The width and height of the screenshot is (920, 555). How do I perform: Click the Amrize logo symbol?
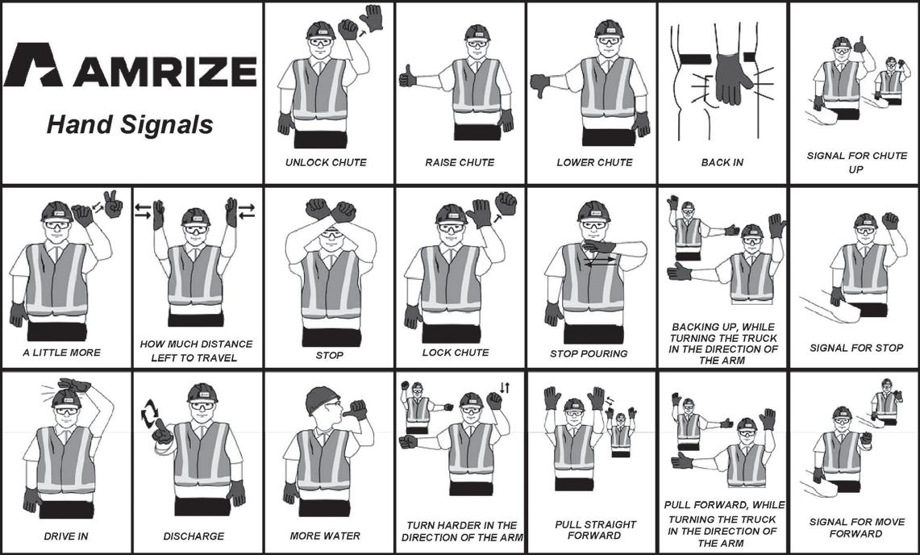pos(33,65)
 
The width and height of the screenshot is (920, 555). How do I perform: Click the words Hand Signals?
pos(130,124)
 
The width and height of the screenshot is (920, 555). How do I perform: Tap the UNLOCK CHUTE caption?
pos(326,162)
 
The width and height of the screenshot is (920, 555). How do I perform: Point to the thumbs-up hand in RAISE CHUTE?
pos(408,77)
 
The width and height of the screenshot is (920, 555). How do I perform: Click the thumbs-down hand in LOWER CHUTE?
pos(539,85)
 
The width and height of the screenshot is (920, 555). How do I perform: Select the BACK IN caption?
pos(722,162)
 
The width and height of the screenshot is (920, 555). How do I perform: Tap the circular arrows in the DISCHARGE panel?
pos(150,414)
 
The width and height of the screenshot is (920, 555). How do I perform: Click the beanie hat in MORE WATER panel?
pos(321,399)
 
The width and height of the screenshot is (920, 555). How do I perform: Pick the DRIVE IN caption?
pos(66,536)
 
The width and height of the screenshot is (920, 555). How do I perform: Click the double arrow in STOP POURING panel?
pos(600,261)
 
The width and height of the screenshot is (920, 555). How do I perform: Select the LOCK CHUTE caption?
pos(456,353)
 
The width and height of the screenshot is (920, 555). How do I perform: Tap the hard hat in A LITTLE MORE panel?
pos(57,211)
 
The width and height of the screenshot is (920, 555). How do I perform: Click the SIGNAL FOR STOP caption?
pos(856,348)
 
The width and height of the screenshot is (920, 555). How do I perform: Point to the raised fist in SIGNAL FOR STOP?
pos(890,220)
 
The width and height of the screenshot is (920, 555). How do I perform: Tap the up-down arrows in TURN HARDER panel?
pos(505,388)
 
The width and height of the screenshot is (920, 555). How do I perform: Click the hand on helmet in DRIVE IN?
pos(74,386)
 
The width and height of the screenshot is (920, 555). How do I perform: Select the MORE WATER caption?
pos(325,536)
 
